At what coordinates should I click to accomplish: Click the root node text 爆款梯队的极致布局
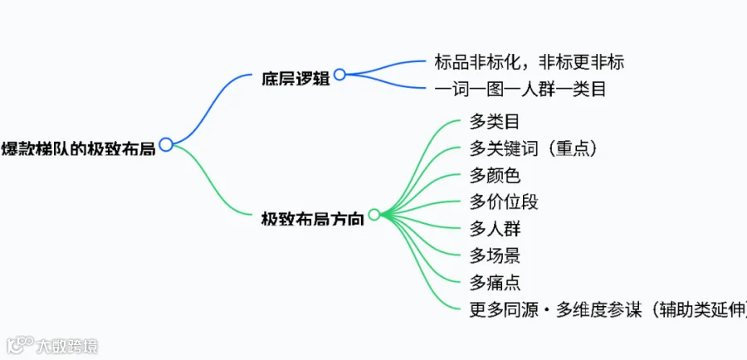point(78,149)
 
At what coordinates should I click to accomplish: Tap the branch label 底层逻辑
point(295,79)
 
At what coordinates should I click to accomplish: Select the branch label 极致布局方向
point(313,219)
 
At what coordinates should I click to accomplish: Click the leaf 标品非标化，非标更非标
point(530,62)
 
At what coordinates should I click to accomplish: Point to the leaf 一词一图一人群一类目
point(520,90)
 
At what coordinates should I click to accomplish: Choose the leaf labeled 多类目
point(495,123)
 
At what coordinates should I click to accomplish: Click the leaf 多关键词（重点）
point(533,149)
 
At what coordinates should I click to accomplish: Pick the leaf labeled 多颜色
point(495,176)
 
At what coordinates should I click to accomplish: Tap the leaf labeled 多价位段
point(504,202)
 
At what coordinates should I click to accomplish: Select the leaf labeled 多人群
point(495,230)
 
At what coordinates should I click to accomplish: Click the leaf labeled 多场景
point(495,256)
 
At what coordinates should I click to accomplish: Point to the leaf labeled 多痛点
point(495,284)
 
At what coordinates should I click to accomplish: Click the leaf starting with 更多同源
point(608,310)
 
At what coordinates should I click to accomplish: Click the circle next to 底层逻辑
point(339,75)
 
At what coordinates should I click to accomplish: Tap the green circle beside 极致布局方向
point(374,215)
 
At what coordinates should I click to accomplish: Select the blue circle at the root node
point(166,144)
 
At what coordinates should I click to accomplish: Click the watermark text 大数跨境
point(67,346)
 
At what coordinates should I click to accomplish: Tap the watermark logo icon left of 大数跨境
point(21,345)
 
